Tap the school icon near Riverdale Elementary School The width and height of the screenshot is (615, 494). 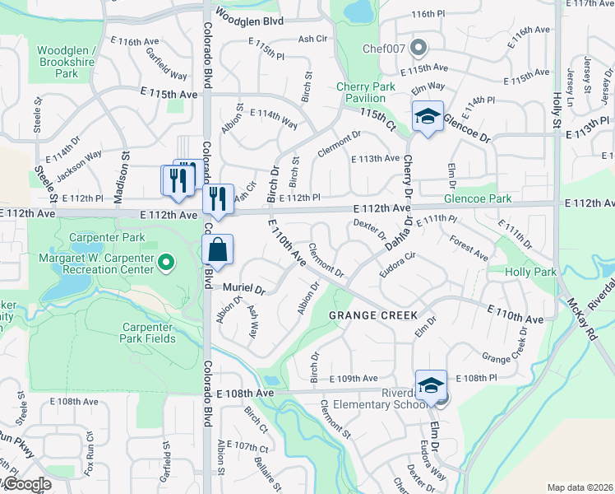pyautogui.click(x=431, y=384)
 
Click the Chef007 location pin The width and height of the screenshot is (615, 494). pyautogui.click(x=420, y=47)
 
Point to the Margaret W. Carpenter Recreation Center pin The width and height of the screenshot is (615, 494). pyautogui.click(x=166, y=263)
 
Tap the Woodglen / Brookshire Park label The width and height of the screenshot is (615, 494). pyautogui.click(x=67, y=62)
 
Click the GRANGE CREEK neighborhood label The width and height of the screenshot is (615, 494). pyautogui.click(x=373, y=315)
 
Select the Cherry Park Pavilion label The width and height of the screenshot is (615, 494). pyautogui.click(x=366, y=92)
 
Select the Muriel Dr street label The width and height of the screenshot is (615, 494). pyautogui.click(x=245, y=289)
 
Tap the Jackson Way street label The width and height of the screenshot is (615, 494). pyautogui.click(x=80, y=159)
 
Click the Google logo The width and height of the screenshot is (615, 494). pyautogui.click(x=26, y=485)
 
